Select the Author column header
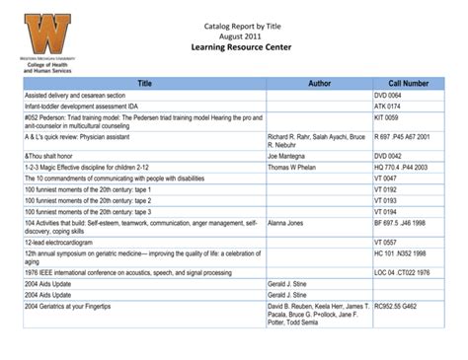pyautogui.click(x=317, y=86)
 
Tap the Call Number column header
pyautogui.click(x=408, y=86)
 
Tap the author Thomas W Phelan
pyautogui.click(x=298, y=169)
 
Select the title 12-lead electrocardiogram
pyautogui.click(x=69, y=243)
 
